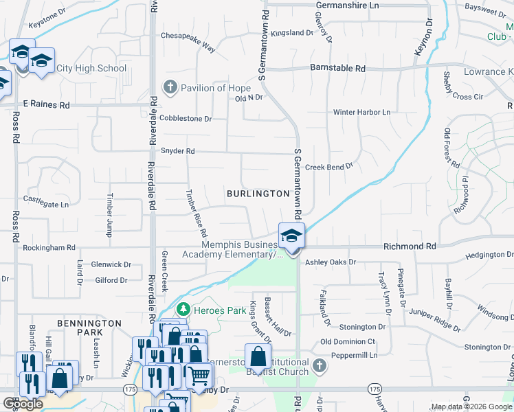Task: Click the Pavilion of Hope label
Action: point(214,88)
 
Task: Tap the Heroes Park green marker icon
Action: point(183,310)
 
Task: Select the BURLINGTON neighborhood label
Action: point(258,194)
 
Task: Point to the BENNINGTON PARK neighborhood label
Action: point(89,328)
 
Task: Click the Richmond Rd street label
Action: point(410,246)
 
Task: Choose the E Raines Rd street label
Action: point(46,105)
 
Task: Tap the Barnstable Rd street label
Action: point(338,69)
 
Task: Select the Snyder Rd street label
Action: point(178,151)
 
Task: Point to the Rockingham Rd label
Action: point(49,247)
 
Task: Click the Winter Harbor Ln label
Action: point(361,112)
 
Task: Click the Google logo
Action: point(23,404)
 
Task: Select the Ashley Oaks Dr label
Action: point(331,262)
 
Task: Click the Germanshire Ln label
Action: point(347,5)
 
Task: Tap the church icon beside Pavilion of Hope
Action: point(170,88)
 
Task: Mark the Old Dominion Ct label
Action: point(348,341)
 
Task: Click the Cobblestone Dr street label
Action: point(186,118)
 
